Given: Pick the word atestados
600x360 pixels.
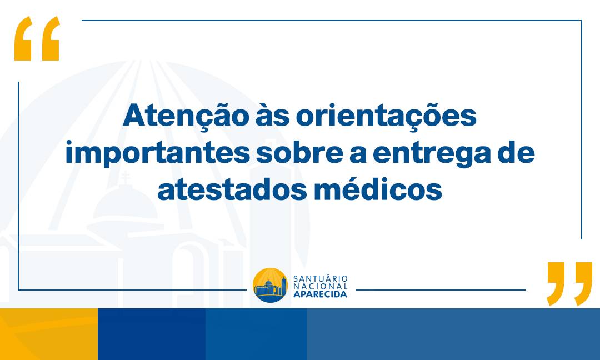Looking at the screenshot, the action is (232, 189).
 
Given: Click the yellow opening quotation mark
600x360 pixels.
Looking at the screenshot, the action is (37, 38).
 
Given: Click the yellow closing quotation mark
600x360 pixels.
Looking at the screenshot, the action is (569, 284).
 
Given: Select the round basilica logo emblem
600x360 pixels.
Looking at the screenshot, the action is (270, 285).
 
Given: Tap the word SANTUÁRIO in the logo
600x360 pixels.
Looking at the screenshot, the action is (321, 278).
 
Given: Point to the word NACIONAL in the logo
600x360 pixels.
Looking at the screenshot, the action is (321, 286).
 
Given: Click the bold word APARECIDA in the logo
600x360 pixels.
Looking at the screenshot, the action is (321, 294).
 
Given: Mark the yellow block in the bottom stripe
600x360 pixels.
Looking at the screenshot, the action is (49, 334).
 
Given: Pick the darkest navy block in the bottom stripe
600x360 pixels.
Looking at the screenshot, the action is (152, 334).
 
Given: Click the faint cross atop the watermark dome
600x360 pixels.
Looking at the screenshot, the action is (125, 178).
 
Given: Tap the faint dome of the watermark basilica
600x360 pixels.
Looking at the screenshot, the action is (125, 203).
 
